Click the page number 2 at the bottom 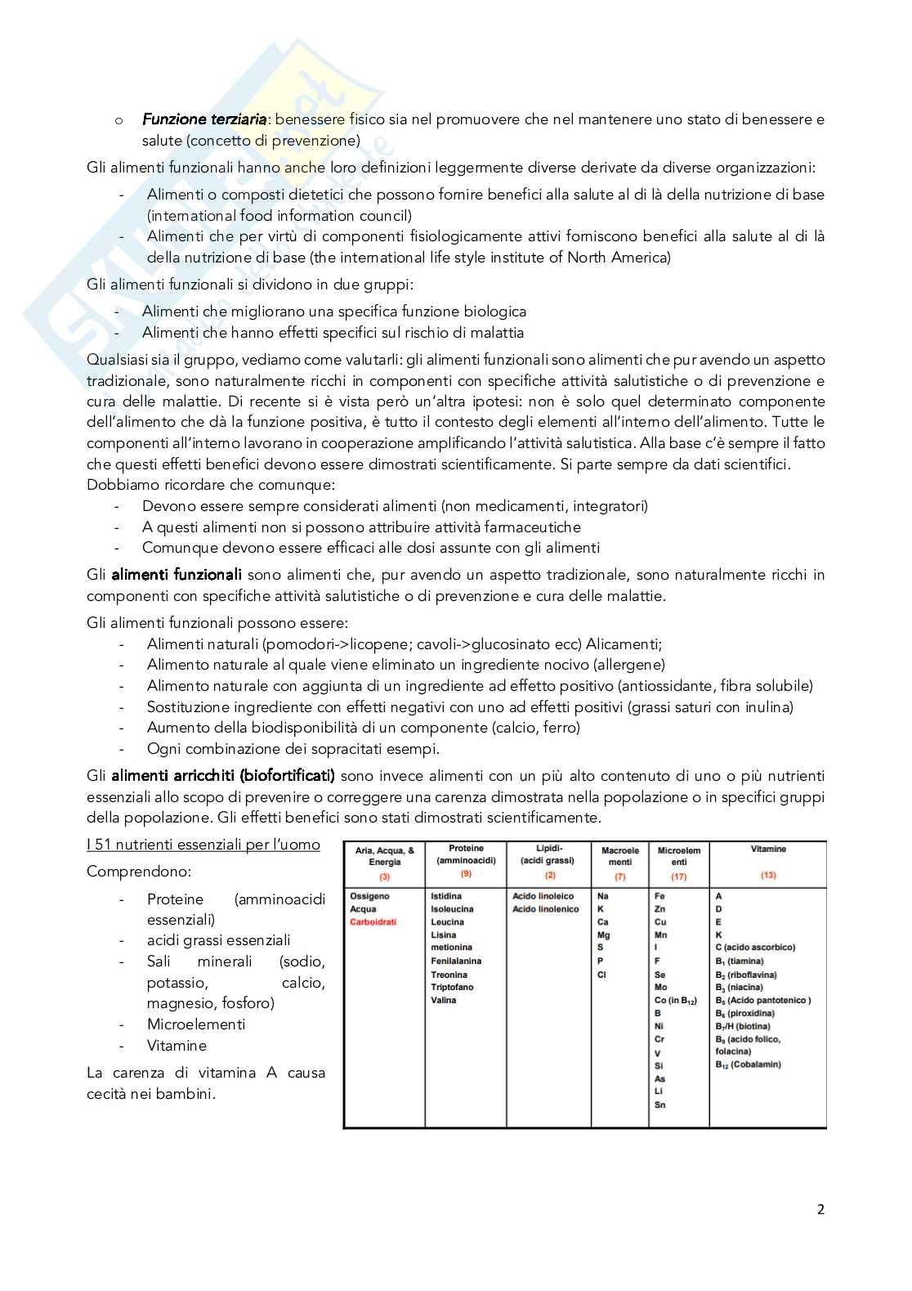pos(820,1210)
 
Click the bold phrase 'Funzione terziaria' pos(204,119)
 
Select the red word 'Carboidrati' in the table pos(373,922)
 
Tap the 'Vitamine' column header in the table pos(767,849)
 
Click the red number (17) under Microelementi pos(678,876)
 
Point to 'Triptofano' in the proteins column pos(452,988)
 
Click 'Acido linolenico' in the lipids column pos(545,909)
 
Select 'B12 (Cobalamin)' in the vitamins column pos(748,1065)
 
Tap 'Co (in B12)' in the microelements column pos(675,1001)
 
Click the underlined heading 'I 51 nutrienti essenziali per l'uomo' pos(203,845)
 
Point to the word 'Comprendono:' pos(127,872)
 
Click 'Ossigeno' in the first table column pos(369,896)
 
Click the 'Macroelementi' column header pos(619,856)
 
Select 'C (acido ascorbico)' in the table pos(754,948)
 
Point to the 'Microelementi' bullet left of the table pos(195,1024)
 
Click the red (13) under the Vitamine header pos(767,876)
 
